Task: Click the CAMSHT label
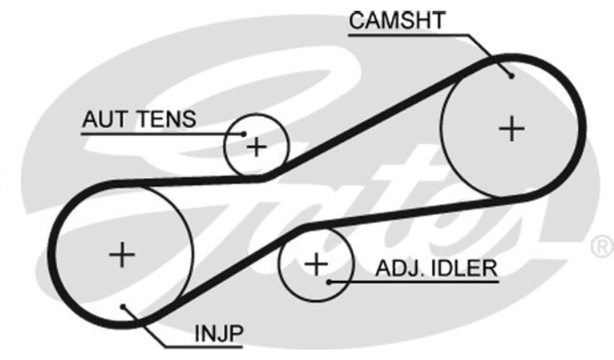(396, 22)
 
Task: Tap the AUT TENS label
(138, 120)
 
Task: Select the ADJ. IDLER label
(435, 267)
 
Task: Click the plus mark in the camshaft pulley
(511, 128)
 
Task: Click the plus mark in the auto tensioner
(256, 147)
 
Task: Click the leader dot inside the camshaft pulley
(511, 75)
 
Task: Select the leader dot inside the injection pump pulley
(122, 307)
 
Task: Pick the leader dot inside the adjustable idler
(330, 281)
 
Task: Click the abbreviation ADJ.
(397, 267)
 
